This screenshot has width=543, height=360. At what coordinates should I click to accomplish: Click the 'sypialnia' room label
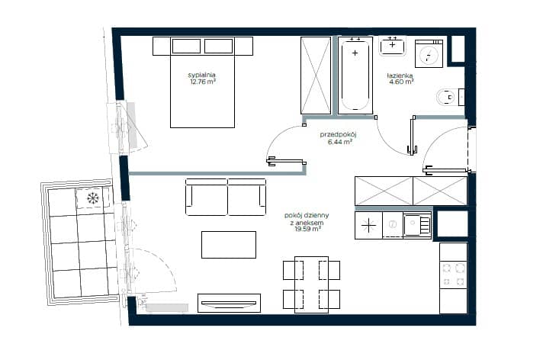click(x=201, y=75)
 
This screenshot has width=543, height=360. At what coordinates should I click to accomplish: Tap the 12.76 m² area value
click(x=203, y=82)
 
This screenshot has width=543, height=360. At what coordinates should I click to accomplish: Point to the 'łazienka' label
click(x=400, y=76)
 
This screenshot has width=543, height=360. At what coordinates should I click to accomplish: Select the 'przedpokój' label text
click(x=339, y=134)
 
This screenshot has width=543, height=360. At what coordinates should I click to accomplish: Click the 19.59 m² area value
click(x=307, y=229)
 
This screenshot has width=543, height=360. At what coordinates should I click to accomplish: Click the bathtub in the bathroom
click(x=355, y=76)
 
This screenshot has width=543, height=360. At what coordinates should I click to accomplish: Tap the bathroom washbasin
click(x=392, y=46)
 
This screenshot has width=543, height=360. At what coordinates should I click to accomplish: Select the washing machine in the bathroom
click(x=429, y=53)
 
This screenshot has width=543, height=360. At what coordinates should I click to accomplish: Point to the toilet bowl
click(x=447, y=97)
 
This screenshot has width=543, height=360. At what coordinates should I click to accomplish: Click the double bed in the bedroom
click(x=203, y=82)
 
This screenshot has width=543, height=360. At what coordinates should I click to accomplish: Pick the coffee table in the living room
click(x=229, y=245)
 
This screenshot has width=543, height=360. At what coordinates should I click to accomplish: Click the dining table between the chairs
click(x=312, y=284)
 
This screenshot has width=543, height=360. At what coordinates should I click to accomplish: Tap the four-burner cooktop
click(x=453, y=275)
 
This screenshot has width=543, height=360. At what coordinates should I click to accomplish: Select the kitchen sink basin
click(x=413, y=225)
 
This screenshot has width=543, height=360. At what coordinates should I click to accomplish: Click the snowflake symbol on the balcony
click(x=92, y=198)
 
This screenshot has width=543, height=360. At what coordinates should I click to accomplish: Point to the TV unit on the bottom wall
click(x=230, y=303)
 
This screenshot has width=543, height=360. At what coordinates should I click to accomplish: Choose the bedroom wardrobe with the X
click(x=316, y=76)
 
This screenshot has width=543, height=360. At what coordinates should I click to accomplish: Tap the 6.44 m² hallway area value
click(x=340, y=141)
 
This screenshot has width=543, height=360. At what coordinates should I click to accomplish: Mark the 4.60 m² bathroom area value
click(x=401, y=82)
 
